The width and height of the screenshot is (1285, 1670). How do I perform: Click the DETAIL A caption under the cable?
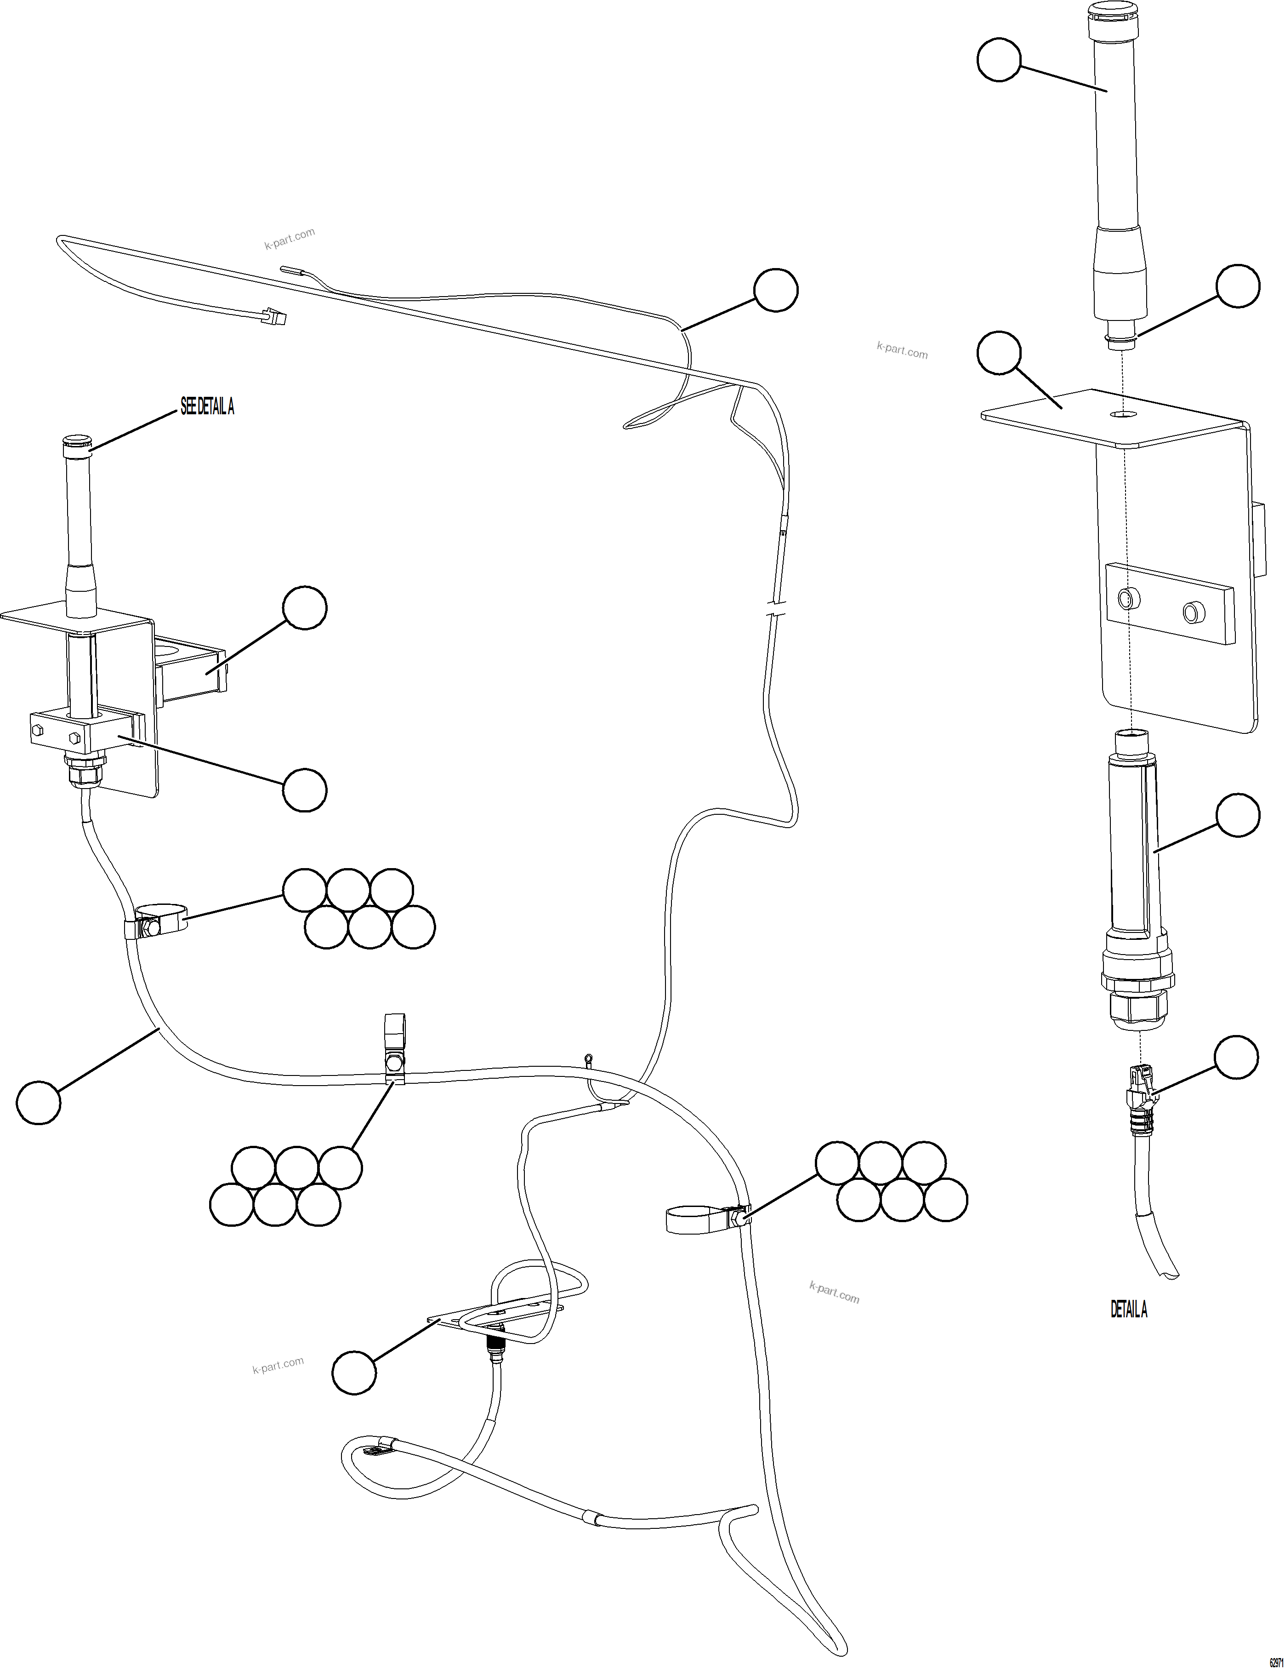tap(1128, 1310)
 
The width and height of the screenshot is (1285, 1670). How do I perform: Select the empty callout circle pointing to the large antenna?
tap(998, 61)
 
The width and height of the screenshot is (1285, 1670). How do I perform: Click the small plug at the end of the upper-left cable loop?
tap(276, 315)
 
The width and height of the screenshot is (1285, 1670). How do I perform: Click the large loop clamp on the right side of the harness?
tap(699, 1218)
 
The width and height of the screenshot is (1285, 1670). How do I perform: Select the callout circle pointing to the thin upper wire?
tap(775, 290)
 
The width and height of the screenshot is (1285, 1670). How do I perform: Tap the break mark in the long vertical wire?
tap(775, 612)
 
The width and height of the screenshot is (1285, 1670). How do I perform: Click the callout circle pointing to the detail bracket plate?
tap(999, 353)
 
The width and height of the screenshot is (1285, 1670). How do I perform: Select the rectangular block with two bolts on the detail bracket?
tap(1170, 601)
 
